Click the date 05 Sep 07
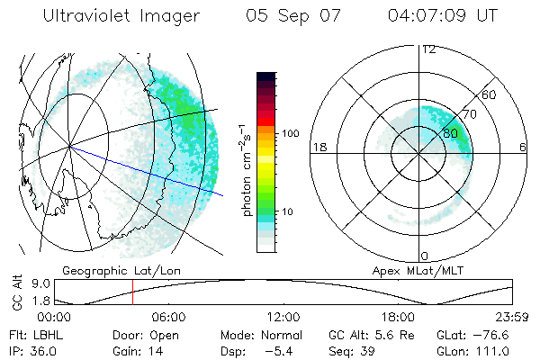(290, 16)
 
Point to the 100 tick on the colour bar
(291, 133)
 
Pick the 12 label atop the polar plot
(428, 49)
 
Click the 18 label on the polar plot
(318, 146)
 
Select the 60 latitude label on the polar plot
(490, 94)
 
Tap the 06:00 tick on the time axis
(168, 318)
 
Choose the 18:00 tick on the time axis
(398, 318)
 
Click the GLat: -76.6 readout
(468, 334)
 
